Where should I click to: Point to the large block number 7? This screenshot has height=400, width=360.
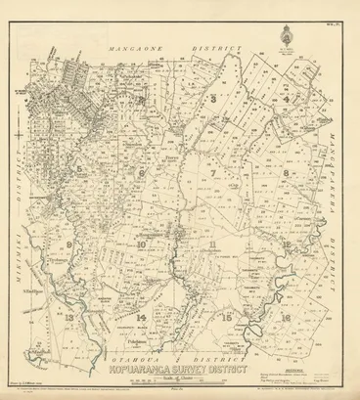212,172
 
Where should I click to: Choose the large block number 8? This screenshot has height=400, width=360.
285,172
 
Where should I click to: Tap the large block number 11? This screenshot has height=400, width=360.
212,244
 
